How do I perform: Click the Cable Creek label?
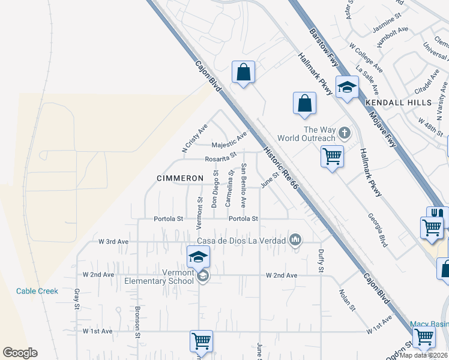coord(37,291)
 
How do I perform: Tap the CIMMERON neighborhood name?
coord(179,179)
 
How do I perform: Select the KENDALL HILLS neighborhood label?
coord(391,103)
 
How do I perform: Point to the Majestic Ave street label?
coord(229,141)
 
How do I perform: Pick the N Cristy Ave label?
coord(194,137)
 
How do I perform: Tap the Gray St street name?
coord(77,298)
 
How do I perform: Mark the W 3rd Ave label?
coord(113,242)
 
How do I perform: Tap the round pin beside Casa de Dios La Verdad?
coord(295,241)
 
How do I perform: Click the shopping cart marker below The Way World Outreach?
coord(332,157)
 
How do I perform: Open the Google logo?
coord(20,353)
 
